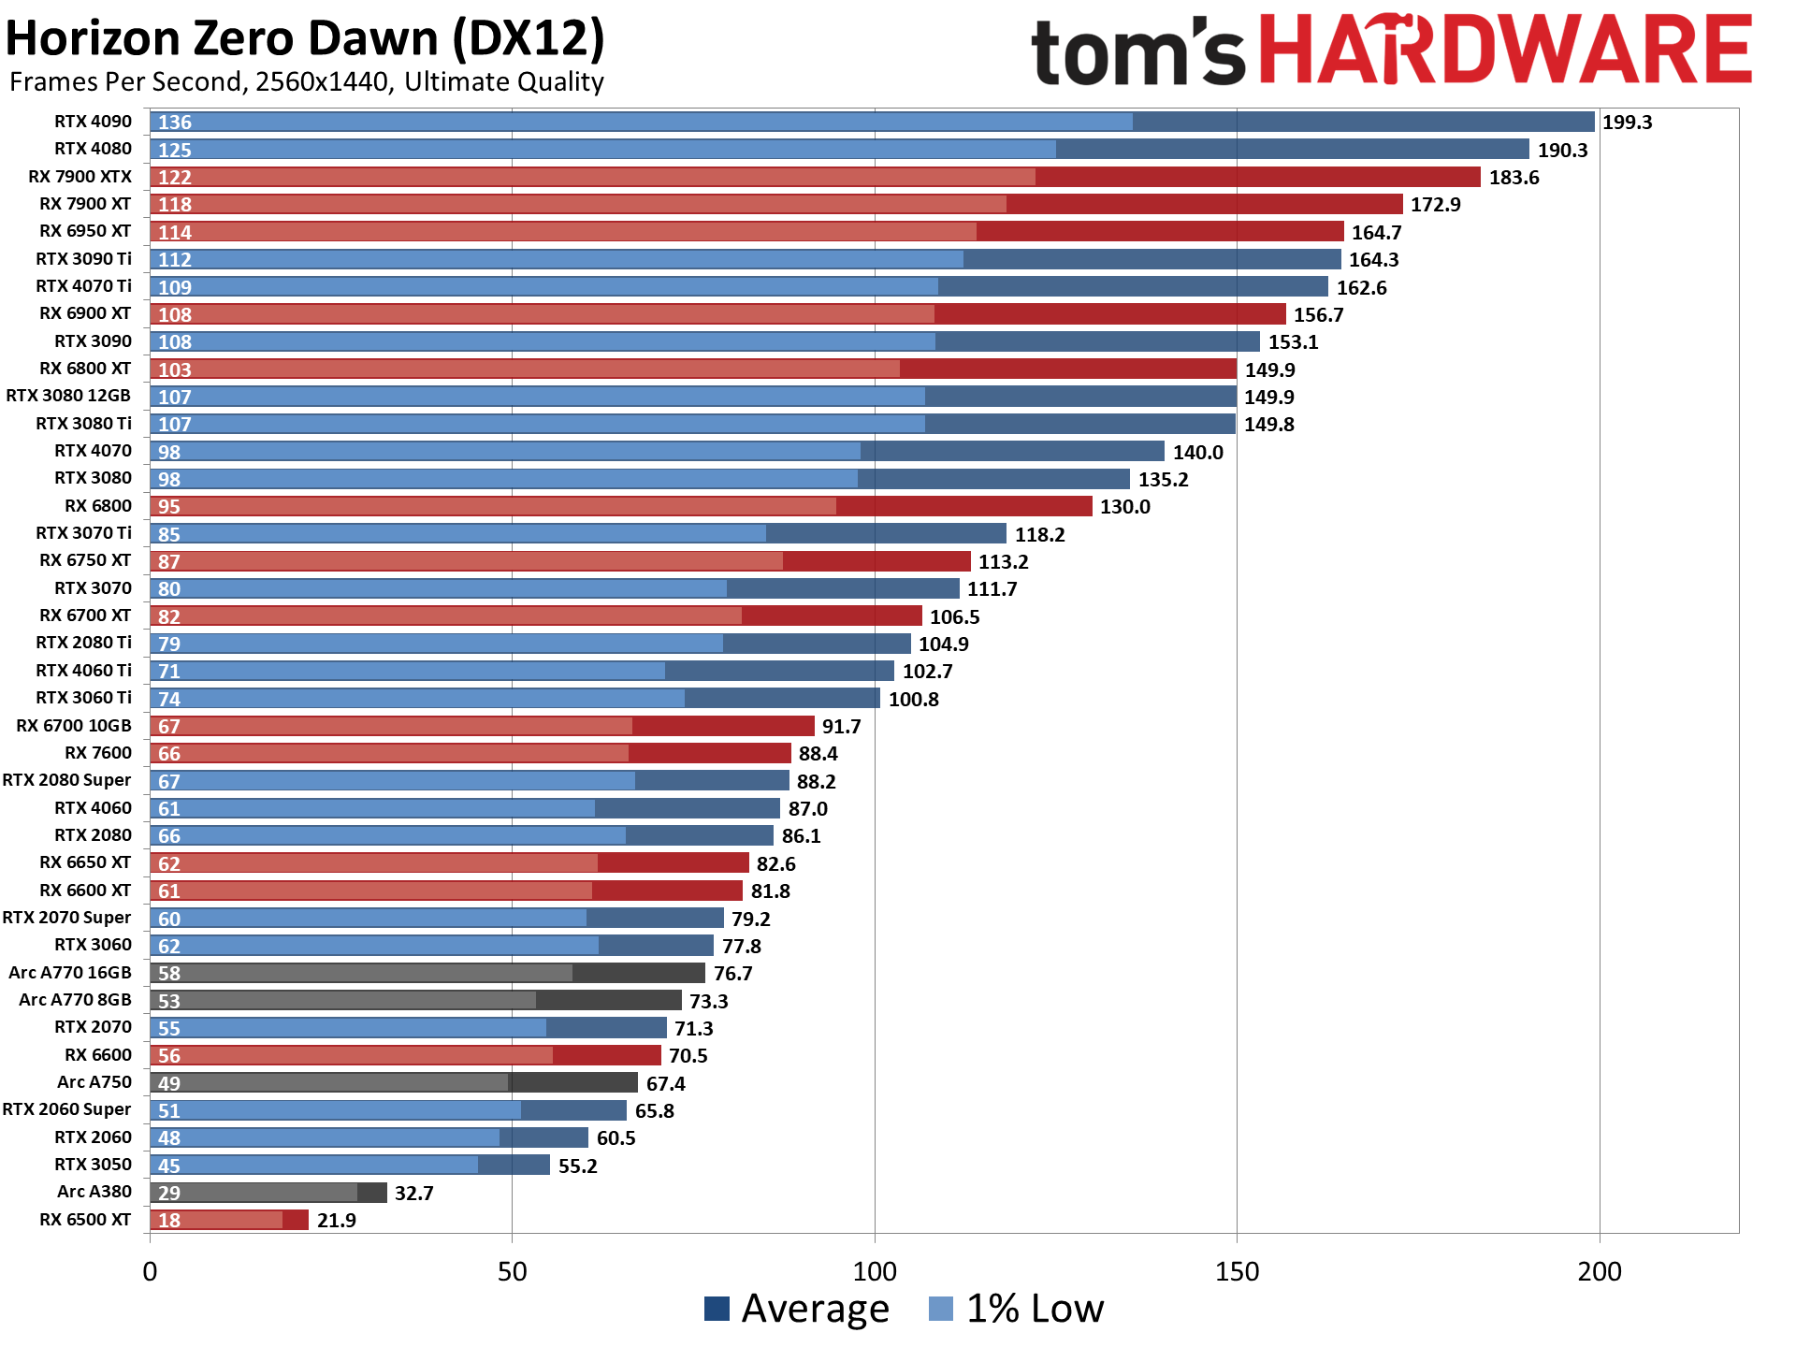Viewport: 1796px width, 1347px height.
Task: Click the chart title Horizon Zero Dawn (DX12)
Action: click(305, 39)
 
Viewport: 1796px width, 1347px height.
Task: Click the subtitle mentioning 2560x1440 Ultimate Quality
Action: click(306, 82)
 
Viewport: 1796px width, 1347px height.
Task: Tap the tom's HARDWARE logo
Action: click(1390, 51)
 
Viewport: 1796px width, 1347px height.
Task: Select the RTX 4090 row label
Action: click(93, 122)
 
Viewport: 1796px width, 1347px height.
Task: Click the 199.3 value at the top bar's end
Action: click(1627, 123)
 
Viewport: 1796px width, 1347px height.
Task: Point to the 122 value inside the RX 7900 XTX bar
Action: click(174, 178)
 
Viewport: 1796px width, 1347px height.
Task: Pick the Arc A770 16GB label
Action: click(70, 973)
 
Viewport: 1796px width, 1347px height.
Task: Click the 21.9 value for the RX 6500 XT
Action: click(336, 1221)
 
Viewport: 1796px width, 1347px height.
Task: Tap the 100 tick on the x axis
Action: click(875, 1272)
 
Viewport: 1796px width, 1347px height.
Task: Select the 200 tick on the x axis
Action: click(1599, 1272)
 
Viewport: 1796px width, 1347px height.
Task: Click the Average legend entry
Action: click(796, 1309)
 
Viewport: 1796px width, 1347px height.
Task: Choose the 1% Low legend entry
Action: click(1017, 1309)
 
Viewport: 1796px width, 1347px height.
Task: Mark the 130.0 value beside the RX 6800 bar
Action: click(1124, 507)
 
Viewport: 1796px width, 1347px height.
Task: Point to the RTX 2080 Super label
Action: click(66, 780)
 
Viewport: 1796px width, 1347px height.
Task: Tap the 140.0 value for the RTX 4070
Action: click(1197, 453)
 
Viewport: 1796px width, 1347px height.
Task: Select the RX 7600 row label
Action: click(98, 753)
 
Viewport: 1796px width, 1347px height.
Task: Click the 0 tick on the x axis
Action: click(150, 1272)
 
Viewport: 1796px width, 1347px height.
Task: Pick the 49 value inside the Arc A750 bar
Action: click(168, 1083)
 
